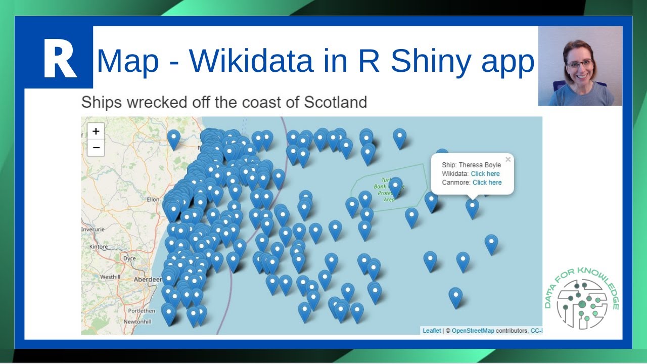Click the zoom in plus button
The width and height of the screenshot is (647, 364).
click(96, 131)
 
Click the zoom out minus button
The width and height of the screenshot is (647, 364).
click(96, 148)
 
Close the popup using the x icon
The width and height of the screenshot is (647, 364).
click(508, 160)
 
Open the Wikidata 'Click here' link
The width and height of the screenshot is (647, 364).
click(485, 174)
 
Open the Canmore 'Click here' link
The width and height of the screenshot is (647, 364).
click(487, 183)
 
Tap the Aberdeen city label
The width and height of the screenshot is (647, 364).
click(148, 280)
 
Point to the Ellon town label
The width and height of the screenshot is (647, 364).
click(153, 200)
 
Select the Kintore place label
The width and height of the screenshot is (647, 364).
click(99, 247)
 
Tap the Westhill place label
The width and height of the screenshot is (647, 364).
click(110, 277)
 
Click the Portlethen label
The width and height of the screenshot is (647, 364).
click(142, 311)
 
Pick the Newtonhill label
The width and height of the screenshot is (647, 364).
click(137, 322)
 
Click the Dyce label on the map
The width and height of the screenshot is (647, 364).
click(130, 258)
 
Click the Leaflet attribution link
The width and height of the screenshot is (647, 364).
click(432, 331)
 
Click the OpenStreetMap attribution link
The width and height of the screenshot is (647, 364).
click(473, 331)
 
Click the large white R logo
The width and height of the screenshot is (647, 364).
click(59, 59)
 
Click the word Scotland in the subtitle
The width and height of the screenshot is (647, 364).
click(335, 102)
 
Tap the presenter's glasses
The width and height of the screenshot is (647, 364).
click(579, 64)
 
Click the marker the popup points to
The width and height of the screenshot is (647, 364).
click(472, 207)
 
